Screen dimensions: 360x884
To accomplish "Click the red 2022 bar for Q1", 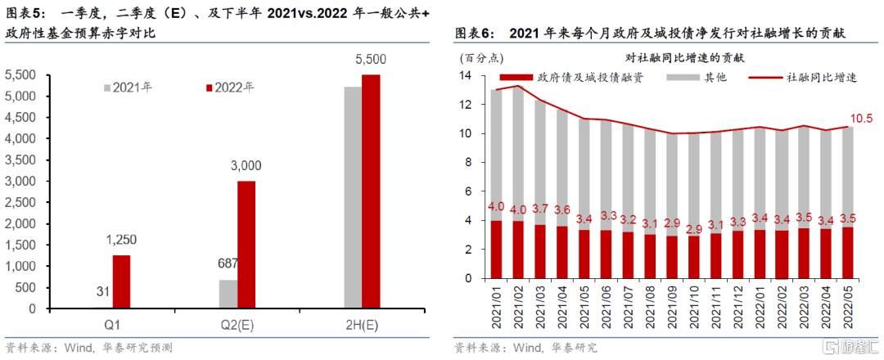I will tap(121, 282).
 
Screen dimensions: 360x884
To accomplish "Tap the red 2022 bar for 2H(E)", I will tap(371, 192).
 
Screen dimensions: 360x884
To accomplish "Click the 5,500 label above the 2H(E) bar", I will tap(371, 60).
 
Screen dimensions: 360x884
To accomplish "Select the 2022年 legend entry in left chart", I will tap(228, 88).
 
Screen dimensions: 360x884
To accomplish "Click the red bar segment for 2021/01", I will tap(496, 250).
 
